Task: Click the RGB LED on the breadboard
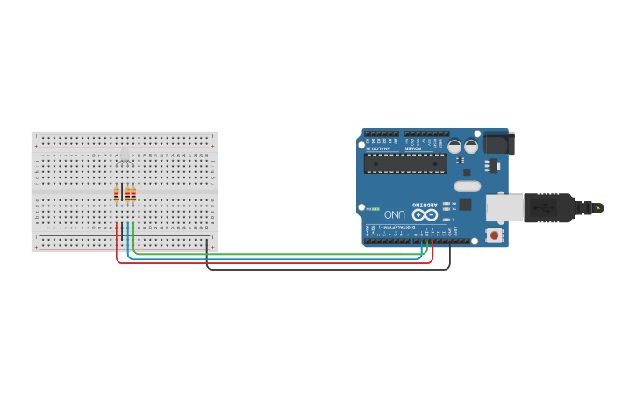(x=124, y=156)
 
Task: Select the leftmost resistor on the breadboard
(x=117, y=195)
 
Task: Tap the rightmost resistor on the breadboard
(x=133, y=195)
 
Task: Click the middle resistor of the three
(x=128, y=195)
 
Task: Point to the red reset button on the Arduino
(x=495, y=235)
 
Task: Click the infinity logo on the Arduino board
(x=425, y=214)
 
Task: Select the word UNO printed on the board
(x=395, y=214)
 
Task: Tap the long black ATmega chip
(x=405, y=163)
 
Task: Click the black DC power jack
(x=497, y=142)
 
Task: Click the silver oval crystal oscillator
(x=468, y=185)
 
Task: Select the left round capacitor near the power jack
(x=454, y=146)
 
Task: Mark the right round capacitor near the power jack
(x=471, y=146)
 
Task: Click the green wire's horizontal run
(x=281, y=254)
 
